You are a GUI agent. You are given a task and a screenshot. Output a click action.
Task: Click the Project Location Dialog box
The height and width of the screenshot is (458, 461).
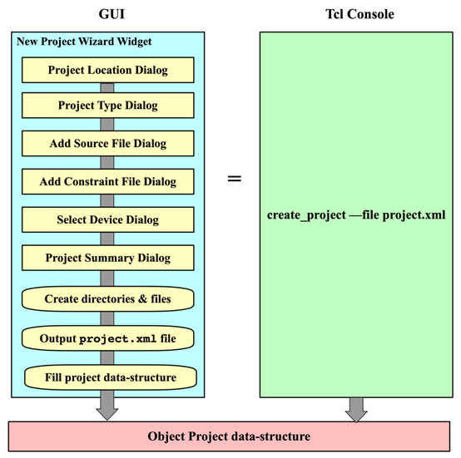107,70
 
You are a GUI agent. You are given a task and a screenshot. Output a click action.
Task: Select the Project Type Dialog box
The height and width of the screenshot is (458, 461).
107,106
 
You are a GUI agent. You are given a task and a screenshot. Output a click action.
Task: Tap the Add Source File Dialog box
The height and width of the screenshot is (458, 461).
107,143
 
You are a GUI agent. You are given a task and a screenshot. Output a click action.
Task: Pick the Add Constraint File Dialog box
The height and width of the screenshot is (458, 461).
107,181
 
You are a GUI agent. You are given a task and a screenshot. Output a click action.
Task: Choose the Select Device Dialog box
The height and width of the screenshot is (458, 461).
107,219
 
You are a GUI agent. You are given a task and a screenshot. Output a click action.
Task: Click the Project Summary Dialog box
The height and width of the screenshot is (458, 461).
107,258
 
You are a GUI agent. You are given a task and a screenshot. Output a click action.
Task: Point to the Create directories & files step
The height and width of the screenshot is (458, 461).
107,298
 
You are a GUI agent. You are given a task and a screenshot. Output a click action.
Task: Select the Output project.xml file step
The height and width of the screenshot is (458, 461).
107,338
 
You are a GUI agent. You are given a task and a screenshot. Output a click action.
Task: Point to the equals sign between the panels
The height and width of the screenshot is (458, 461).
235,178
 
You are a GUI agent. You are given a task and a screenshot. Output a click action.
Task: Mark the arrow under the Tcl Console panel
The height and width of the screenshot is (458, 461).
356,409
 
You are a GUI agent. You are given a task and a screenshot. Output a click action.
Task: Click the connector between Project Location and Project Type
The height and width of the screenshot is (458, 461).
107,87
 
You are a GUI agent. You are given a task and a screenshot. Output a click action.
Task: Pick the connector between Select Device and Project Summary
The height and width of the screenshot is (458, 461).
107,239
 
